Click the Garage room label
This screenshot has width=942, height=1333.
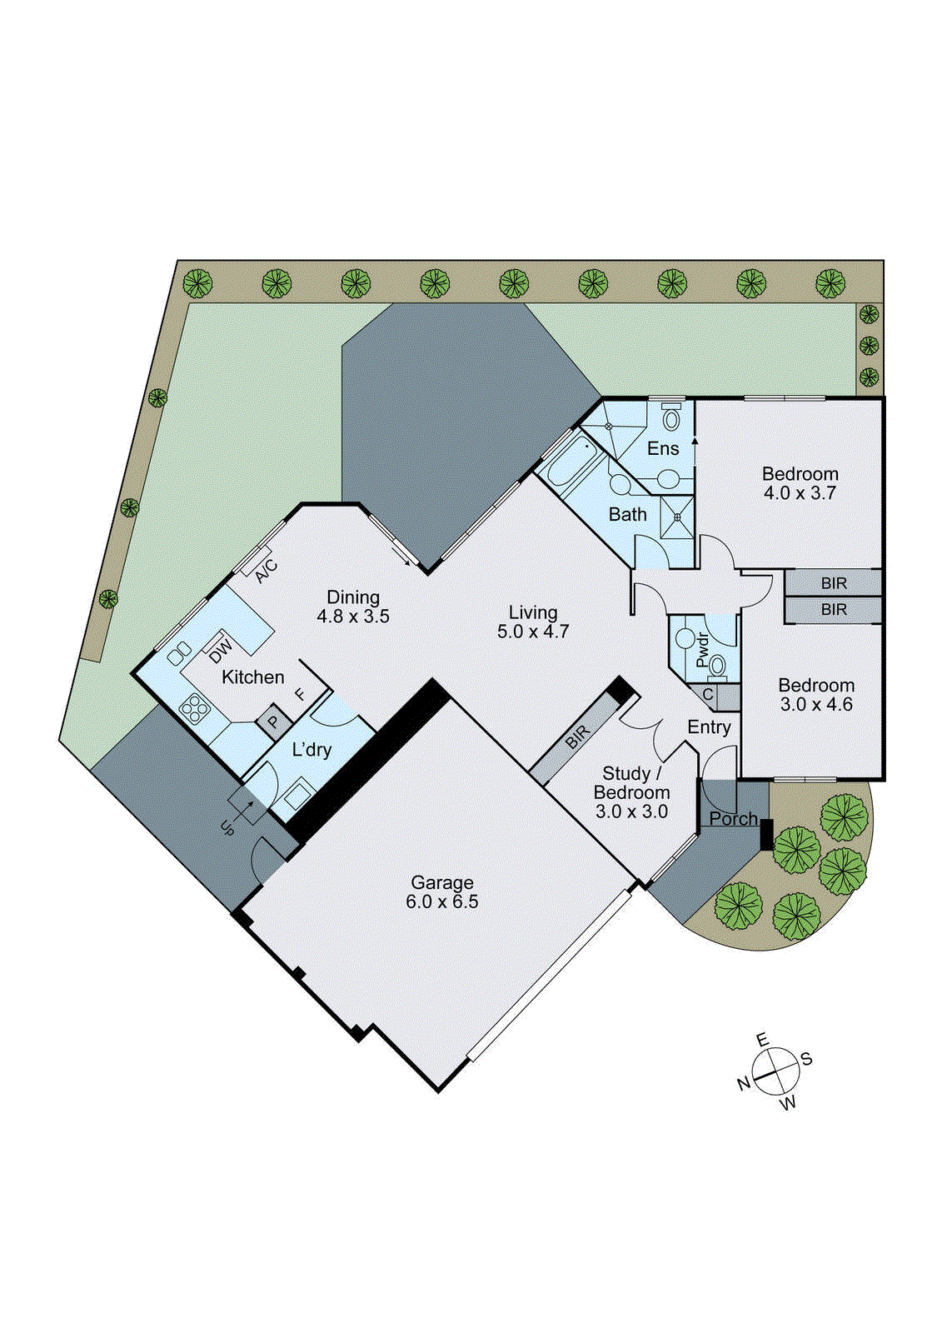point(442,882)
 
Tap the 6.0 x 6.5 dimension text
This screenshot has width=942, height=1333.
point(442,901)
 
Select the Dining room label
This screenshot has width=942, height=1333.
point(353,597)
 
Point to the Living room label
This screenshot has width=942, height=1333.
point(533,612)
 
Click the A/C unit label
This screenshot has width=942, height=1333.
point(267,572)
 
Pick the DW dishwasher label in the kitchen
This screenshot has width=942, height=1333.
point(221,647)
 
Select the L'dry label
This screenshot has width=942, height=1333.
point(312,750)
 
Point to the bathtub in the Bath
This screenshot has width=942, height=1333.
point(570,463)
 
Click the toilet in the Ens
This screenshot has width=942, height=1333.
point(671,417)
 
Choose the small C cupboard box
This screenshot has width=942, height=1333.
point(708,695)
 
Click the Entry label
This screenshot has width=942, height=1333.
point(709,727)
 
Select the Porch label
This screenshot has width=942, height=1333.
point(733,819)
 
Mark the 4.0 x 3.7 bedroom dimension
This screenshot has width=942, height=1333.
point(800,493)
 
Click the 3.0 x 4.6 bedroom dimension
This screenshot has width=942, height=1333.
point(816,705)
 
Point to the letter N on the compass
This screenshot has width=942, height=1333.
point(744,1084)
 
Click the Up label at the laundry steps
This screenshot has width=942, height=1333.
point(227,827)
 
